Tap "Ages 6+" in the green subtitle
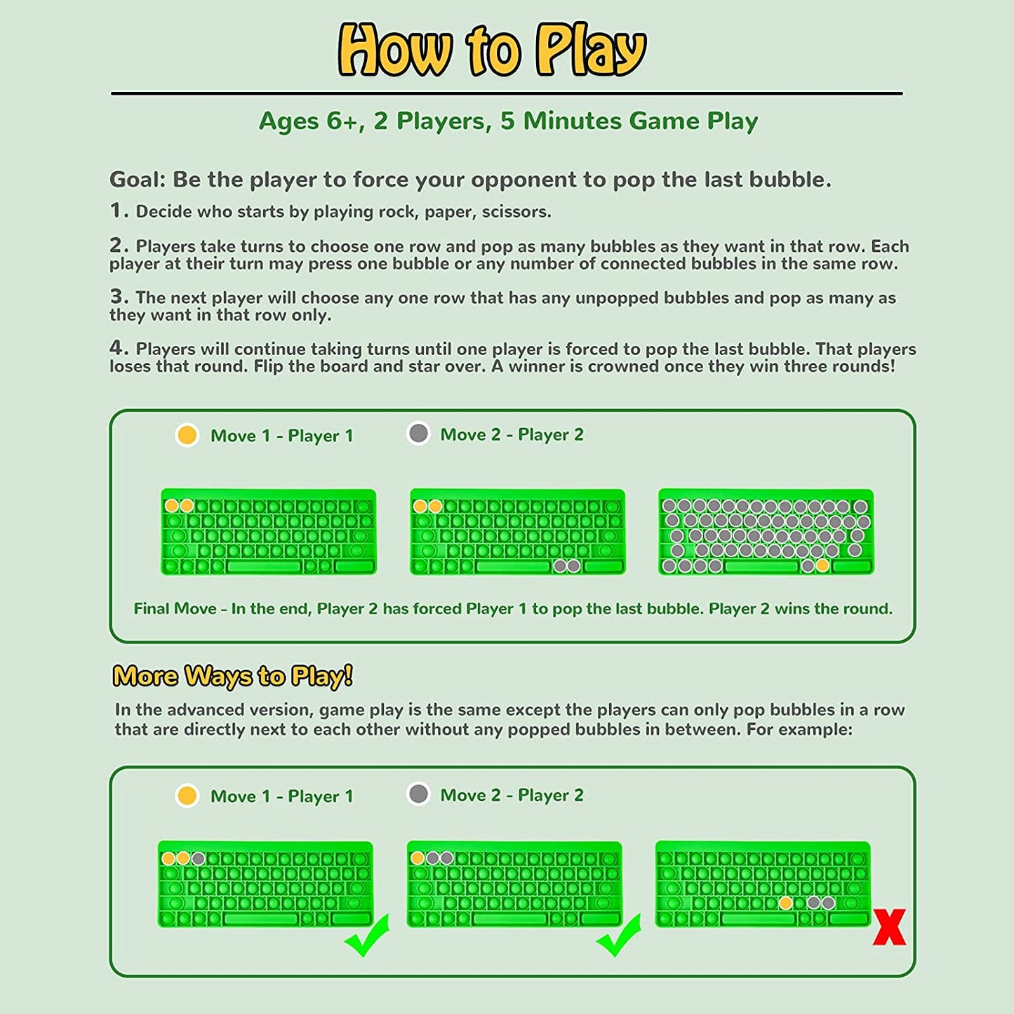pos(310,121)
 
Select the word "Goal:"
pos(138,180)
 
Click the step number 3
pos(119,297)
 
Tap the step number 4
pos(119,348)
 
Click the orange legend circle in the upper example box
pos(187,434)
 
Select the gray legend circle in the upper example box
pos(418,434)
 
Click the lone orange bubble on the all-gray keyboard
pos(822,566)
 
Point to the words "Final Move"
pos(175,609)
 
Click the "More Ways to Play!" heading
pos(232,676)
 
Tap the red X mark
pos(889,927)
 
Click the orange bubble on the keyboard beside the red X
pos(786,903)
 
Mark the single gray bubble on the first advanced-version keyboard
pos(199,859)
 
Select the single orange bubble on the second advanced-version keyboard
pos(418,858)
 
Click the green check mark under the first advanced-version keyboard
pos(367,935)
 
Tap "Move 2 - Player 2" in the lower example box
pos(512,795)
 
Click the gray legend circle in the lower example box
pos(418,794)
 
